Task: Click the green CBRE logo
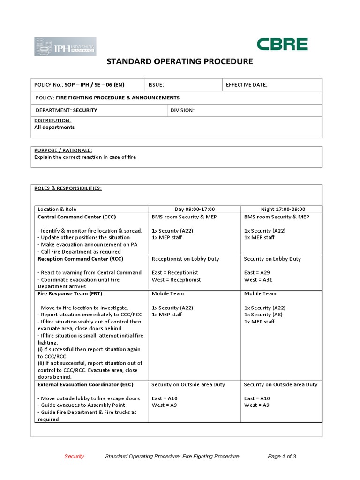282,45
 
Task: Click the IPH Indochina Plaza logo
65,47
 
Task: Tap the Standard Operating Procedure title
180,61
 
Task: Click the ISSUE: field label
156,85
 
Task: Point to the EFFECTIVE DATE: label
247,85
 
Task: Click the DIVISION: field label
182,110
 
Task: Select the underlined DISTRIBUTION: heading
52,120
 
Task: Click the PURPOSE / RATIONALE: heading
63,150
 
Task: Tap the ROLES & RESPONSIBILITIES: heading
68,188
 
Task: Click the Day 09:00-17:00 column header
195,209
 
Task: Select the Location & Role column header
57,209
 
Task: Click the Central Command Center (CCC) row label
76,217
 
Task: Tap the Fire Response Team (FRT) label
70,293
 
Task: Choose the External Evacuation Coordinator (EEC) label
85,384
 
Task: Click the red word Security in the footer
74,456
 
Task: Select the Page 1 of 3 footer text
282,456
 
